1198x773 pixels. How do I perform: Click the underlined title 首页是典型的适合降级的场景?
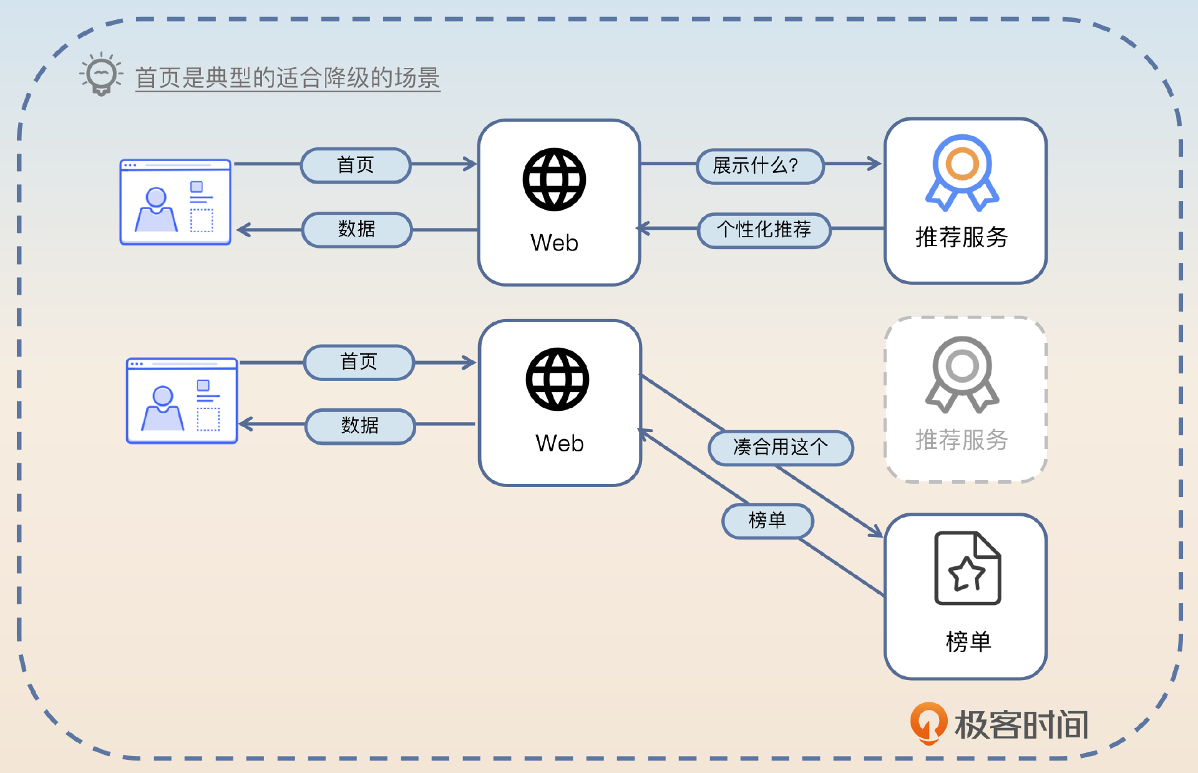click(x=288, y=78)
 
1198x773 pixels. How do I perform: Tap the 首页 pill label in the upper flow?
click(x=356, y=165)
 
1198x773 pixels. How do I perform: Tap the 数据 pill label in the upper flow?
click(x=357, y=229)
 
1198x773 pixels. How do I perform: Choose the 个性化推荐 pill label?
click(x=764, y=230)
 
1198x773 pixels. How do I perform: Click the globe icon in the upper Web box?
click(x=554, y=180)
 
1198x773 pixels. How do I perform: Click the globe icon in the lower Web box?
click(x=557, y=380)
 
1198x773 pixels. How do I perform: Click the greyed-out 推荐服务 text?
click(x=962, y=440)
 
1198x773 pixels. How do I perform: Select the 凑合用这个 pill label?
click(x=781, y=448)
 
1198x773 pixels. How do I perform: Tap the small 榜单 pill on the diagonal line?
click(x=767, y=520)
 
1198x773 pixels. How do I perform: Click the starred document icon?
click(x=967, y=568)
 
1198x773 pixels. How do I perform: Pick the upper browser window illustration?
click(x=175, y=202)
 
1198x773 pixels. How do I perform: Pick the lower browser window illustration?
click(x=182, y=401)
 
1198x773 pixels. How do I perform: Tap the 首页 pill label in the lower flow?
click(x=359, y=362)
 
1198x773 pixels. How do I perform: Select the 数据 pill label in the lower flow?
click(x=360, y=426)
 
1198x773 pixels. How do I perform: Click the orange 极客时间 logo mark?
click(x=928, y=723)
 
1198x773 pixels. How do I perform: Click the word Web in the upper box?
click(x=554, y=243)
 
